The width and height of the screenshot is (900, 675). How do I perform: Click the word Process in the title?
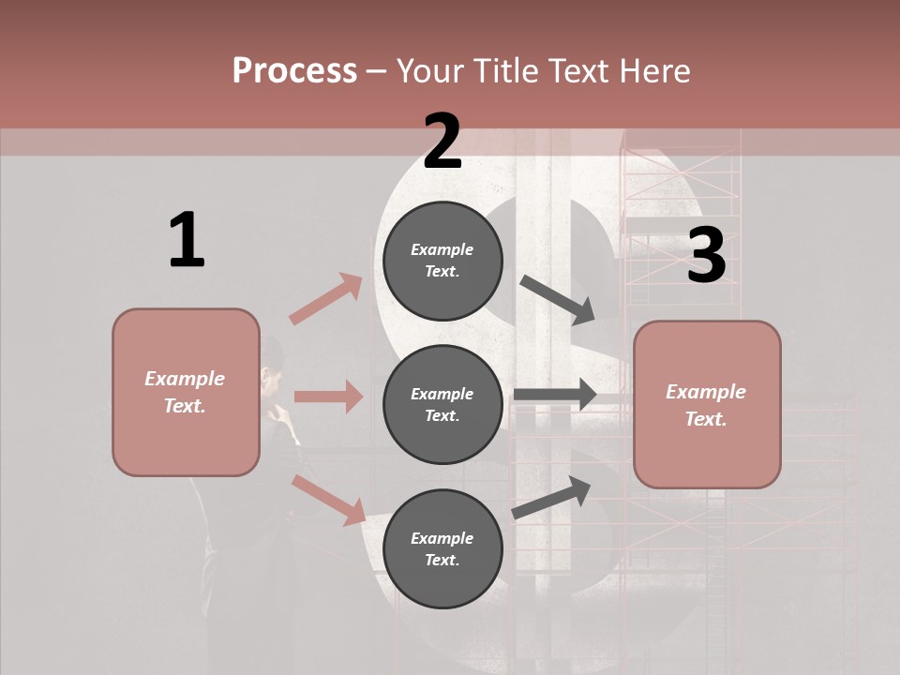[294, 71]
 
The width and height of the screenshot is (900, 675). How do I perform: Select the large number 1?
[187, 241]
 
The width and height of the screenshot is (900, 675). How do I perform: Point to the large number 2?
[442, 142]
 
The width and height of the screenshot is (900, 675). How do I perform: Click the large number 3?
[706, 256]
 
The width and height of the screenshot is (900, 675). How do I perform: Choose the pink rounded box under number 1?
[186, 392]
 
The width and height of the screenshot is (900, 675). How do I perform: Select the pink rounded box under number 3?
[707, 404]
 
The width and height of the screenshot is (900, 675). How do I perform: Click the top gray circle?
[442, 261]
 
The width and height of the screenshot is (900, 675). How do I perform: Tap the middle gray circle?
[442, 404]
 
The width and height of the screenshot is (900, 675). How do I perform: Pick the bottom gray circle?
[442, 548]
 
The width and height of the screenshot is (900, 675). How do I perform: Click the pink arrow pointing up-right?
[326, 298]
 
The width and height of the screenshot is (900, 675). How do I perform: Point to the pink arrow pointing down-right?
[328, 500]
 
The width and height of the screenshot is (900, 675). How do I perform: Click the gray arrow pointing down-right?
[558, 299]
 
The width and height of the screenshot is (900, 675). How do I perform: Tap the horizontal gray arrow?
[555, 395]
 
